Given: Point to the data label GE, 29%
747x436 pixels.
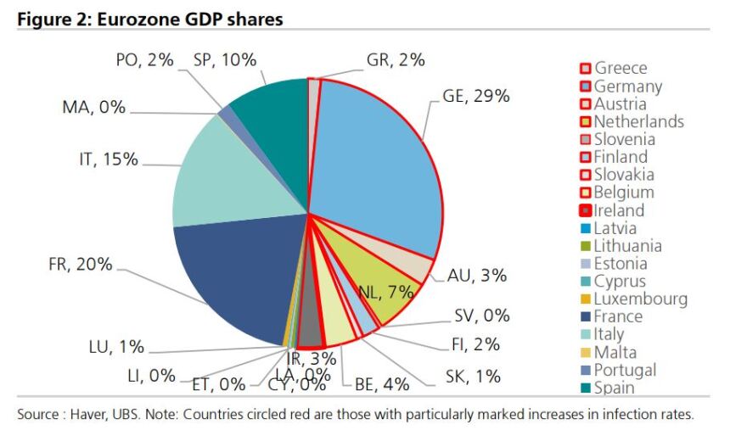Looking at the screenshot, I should point(476,96).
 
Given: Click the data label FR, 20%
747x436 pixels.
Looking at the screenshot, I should point(80,264).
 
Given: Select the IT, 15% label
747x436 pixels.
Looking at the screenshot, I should point(109,159).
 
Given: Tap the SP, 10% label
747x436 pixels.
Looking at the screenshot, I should point(225,59).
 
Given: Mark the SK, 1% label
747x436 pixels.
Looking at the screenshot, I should point(473,377).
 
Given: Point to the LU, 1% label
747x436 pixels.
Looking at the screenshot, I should point(116,347).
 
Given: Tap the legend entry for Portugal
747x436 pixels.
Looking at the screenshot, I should point(624,370).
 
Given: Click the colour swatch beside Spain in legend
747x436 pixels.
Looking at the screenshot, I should point(585,388).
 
